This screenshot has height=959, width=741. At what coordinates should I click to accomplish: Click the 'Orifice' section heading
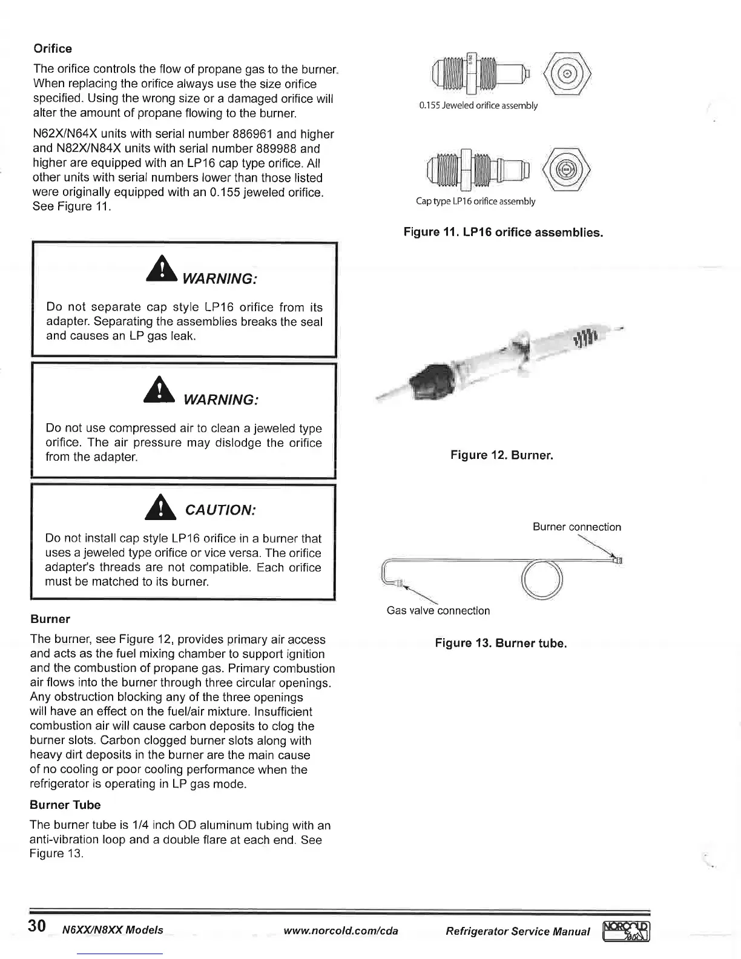coord(52,48)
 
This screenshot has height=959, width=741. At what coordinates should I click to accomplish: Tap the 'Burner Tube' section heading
coord(65,805)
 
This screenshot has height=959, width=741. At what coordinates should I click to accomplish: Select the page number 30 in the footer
coord(36,926)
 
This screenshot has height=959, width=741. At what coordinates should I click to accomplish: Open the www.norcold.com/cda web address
coord(341,931)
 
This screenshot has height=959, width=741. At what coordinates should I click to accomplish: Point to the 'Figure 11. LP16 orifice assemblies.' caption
coord(503,232)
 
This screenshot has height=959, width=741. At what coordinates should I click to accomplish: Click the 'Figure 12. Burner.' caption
coord(501,455)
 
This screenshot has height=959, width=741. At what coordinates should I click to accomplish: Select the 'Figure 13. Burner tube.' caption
coord(501,643)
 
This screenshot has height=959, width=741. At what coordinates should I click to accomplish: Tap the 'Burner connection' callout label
coord(576,527)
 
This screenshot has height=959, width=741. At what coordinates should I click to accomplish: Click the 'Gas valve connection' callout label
coord(438,610)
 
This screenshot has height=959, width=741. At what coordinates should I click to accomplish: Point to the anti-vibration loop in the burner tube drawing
coord(542,578)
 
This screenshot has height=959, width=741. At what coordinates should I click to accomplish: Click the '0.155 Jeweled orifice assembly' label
coord(478,105)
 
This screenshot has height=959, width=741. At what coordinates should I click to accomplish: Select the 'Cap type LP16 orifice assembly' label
coord(475,201)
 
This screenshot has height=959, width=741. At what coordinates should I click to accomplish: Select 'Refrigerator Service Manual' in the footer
coord(518,931)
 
